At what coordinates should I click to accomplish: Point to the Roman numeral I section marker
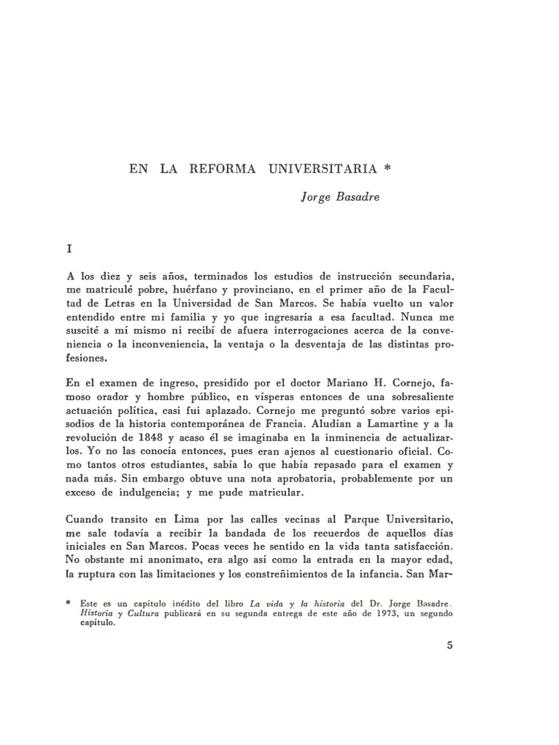pos(69,249)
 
